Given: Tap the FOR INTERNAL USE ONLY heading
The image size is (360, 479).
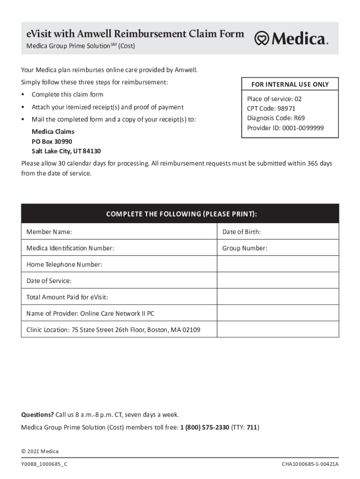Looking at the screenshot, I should pos(290,84).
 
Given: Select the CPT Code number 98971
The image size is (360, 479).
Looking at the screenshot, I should pos(286,109).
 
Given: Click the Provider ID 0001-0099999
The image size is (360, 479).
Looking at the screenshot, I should pos(303,128).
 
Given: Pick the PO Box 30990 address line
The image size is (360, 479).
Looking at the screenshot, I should pos(52,141).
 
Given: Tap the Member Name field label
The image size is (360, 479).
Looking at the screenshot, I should pos(49,232).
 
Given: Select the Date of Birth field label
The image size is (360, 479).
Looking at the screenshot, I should pos(241,232).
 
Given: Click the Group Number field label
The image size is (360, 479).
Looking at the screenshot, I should pos(245,248).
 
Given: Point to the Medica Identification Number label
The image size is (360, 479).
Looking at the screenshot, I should pos(70,248).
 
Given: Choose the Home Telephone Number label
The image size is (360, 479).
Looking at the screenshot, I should pos(64,264).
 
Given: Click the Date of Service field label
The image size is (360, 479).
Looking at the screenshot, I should pos(49,281).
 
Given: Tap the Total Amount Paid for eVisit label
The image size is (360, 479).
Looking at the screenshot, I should pos(67,297).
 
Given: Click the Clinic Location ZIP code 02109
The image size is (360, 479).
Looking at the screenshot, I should pos(191,330).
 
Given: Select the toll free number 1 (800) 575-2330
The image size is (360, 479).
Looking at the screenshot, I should pos(204,427).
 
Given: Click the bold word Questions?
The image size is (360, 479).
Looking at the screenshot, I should pos(37,414).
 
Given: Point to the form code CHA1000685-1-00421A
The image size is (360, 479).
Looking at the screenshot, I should pos(310,464).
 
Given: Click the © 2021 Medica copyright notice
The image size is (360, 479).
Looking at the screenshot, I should pos(40,451).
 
